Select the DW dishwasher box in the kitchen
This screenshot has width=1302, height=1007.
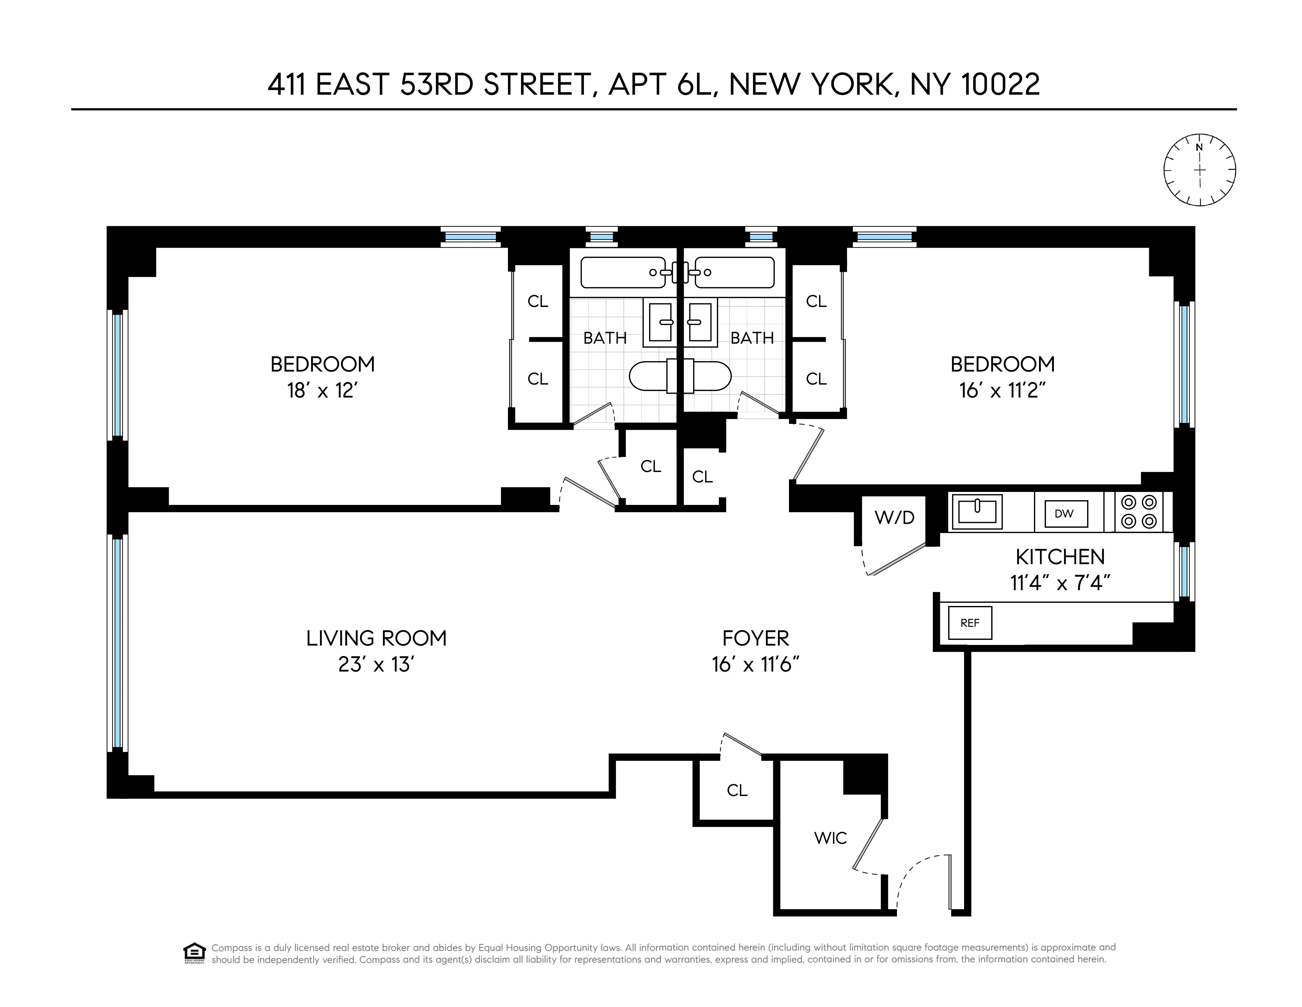[1064, 513]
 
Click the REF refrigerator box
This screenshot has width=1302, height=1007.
[970, 623]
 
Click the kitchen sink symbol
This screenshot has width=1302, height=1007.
[977, 512]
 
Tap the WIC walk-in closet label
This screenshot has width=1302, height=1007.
[830, 838]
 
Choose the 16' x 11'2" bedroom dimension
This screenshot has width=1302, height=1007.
[1003, 391]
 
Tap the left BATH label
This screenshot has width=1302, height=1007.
[604, 338]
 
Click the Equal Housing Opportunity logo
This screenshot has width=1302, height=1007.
[194, 953]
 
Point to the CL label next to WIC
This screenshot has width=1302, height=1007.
[737, 790]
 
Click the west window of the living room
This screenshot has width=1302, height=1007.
[117, 642]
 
